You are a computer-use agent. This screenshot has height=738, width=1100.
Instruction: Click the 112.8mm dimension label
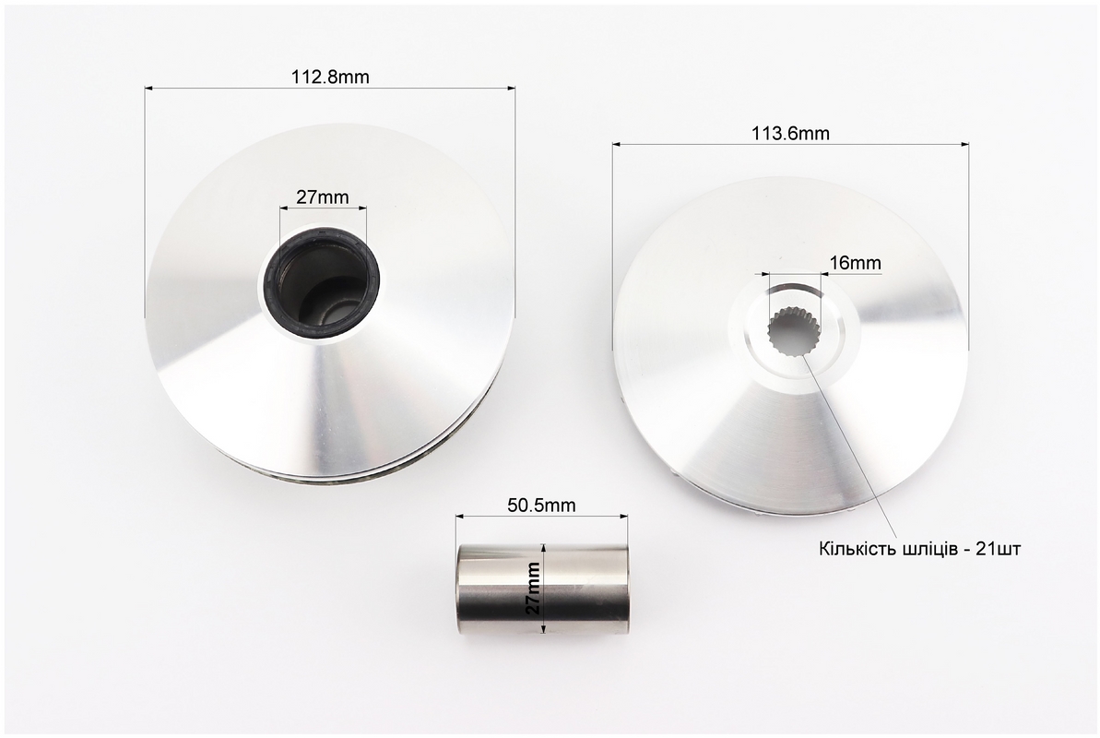pyautogui.click(x=330, y=77)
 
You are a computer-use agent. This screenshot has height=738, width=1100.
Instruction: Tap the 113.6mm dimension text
pyautogui.click(x=790, y=134)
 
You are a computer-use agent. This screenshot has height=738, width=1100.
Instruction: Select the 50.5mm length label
pyautogui.click(x=541, y=505)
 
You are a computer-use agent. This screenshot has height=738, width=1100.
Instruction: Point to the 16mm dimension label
pyautogui.click(x=855, y=263)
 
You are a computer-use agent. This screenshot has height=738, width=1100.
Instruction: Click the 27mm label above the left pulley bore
pyautogui.click(x=322, y=197)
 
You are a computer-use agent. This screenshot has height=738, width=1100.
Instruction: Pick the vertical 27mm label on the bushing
pyautogui.click(x=534, y=589)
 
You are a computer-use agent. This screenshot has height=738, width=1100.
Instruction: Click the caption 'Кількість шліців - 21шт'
pyautogui.click(x=919, y=548)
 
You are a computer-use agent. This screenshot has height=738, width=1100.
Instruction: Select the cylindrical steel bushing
pyautogui.click(x=541, y=589)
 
